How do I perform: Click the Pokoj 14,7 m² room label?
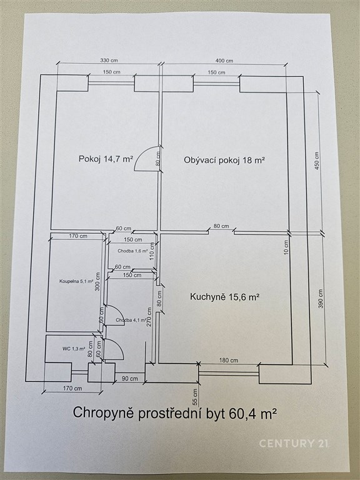[106, 159]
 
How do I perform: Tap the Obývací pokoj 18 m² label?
[224, 160]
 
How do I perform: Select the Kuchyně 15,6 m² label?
[225, 297]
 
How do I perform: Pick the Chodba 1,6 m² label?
[133, 251]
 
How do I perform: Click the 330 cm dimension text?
[109, 60]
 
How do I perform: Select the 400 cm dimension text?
[224, 61]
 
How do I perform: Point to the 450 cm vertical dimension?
[316, 161]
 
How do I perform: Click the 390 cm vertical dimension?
[321, 299]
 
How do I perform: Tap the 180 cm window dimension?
[229, 360]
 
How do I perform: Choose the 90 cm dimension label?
[130, 378]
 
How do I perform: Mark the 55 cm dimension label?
[195, 397]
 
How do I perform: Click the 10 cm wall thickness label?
[286, 247]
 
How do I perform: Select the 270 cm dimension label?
[149, 317]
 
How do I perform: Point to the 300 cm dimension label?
[98, 282]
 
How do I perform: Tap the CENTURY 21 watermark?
[294, 443]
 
